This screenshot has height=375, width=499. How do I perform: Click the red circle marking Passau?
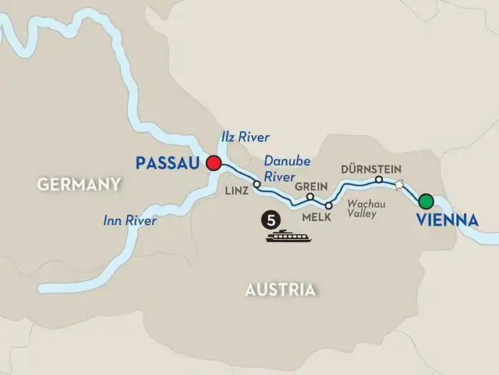[213, 164]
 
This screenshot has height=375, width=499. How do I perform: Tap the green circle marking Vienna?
[426, 200]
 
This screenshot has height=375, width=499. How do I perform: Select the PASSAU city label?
[168, 164]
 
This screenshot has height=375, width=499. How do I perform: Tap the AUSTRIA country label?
[280, 290]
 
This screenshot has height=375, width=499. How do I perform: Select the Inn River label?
[130, 221]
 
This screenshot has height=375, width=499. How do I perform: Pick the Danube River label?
[287, 167]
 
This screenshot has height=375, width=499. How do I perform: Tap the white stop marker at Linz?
[257, 184]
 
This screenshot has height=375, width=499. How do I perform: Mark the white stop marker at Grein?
[310, 196]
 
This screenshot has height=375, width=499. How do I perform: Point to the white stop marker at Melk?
[329, 205]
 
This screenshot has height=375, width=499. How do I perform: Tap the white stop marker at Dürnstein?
[379, 180]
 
